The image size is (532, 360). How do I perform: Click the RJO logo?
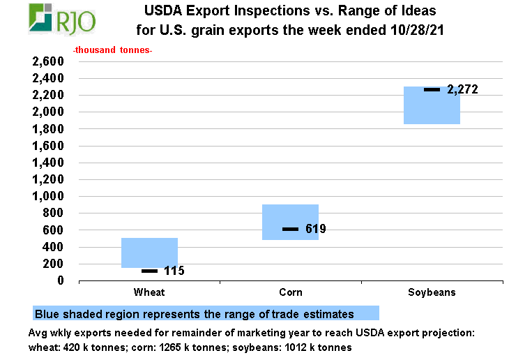point(62,18)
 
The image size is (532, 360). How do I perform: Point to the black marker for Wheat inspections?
point(150,271)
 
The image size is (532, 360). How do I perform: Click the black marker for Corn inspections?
point(290,229)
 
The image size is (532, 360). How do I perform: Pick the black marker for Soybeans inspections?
point(432,89)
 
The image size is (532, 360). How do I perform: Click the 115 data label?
point(174,271)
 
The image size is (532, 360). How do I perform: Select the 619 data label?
point(316,229)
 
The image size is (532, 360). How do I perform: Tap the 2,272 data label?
point(462,89)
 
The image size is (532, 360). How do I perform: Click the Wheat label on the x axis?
point(149,292)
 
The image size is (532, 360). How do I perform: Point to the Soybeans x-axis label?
point(432,292)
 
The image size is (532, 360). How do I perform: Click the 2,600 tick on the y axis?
point(48,61)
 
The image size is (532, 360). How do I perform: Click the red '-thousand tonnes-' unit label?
point(113,50)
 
